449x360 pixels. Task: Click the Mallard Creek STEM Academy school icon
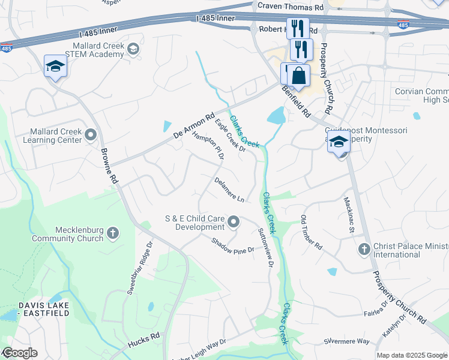click(x=133, y=49)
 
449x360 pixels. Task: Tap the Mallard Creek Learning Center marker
click(x=91, y=134)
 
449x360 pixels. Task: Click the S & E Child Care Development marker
click(x=234, y=223)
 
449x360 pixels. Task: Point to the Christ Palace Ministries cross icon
click(x=364, y=249)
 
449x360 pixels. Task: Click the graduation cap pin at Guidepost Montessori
click(x=339, y=143)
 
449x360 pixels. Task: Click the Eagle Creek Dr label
click(x=231, y=136)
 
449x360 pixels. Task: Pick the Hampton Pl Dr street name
click(x=208, y=145)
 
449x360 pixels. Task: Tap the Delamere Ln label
click(x=229, y=189)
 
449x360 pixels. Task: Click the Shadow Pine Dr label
click(x=233, y=247)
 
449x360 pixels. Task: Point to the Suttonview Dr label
click(x=265, y=247)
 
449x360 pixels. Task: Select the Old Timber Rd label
click(x=312, y=232)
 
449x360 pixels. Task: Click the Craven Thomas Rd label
click(x=290, y=6)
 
